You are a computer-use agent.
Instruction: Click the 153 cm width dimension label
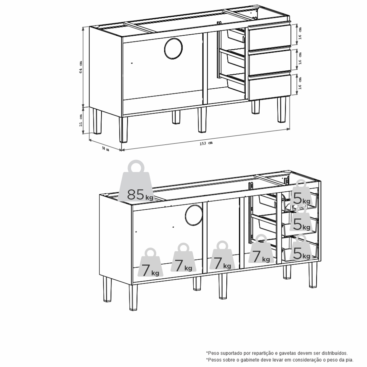(x=206, y=143)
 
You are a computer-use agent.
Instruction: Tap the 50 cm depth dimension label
(x=105, y=148)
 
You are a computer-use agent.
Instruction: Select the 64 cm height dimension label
(x=81, y=67)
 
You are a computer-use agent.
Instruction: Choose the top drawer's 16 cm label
(x=300, y=33)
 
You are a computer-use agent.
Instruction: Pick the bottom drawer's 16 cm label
(x=300, y=83)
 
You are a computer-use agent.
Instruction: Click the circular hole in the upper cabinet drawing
(x=173, y=48)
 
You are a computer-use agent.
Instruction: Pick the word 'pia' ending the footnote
(x=349, y=360)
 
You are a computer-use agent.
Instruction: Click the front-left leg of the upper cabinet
(x=123, y=129)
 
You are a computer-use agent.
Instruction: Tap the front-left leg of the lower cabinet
(x=133, y=297)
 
